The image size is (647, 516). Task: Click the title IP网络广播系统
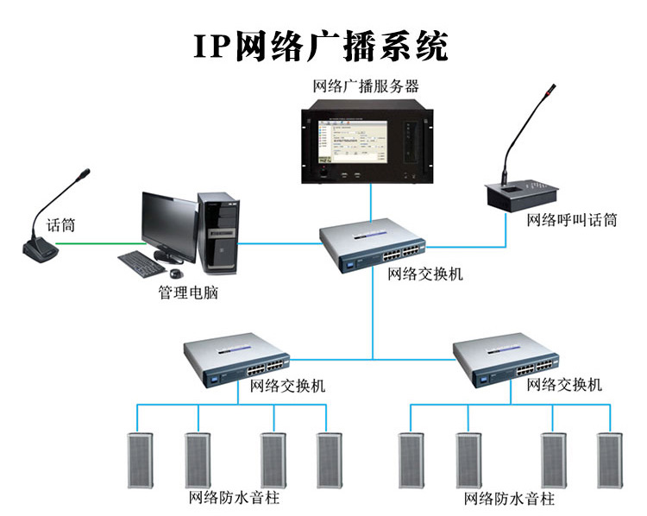tap(321, 45)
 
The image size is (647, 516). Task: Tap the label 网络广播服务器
tap(367, 86)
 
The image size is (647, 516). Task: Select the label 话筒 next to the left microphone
tap(60, 225)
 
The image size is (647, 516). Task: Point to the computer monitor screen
tap(168, 222)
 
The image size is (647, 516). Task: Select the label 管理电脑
tap(187, 293)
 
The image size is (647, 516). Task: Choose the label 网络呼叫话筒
tap(572, 220)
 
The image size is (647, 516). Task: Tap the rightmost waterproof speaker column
tap(610, 460)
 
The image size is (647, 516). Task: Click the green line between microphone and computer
tap(95, 242)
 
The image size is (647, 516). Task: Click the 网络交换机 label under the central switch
tap(425, 274)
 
